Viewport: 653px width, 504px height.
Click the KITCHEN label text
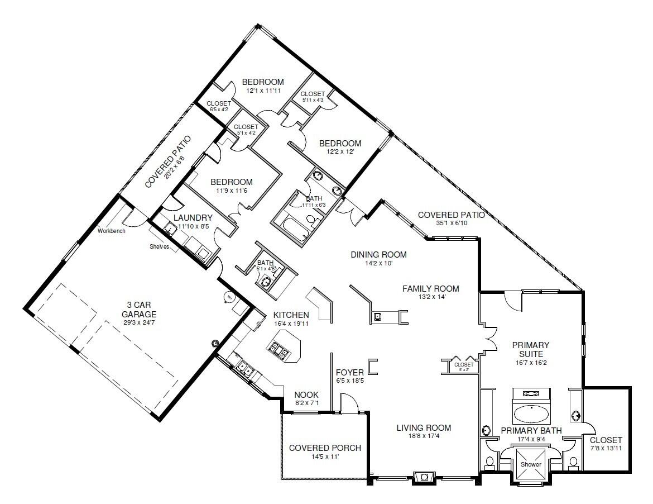(x=291, y=315)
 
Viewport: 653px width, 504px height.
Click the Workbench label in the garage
(x=111, y=230)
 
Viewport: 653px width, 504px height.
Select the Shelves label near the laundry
(x=159, y=246)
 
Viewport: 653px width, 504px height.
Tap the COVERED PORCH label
(x=325, y=448)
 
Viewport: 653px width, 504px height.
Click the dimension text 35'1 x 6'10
(x=451, y=224)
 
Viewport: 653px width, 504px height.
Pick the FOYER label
(x=350, y=373)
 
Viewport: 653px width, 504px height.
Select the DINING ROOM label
(x=378, y=255)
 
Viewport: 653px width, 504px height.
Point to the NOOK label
(x=306, y=395)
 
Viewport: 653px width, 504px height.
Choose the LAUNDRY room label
(x=193, y=218)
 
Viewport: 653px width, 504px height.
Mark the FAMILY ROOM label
(x=431, y=289)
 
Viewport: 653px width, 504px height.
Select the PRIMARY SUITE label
(x=531, y=350)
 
